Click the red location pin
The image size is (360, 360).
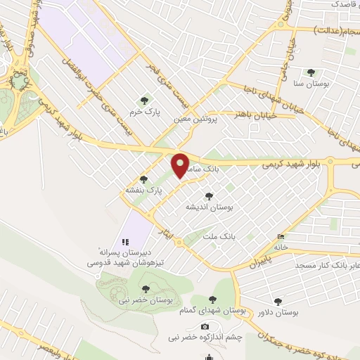click(x=181, y=166)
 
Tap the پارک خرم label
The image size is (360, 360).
click(x=145, y=111)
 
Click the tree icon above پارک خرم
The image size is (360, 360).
click(x=145, y=101)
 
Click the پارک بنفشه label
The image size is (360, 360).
click(x=144, y=190)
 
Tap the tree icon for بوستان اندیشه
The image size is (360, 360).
click(x=208, y=196)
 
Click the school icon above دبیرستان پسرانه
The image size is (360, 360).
click(x=126, y=241)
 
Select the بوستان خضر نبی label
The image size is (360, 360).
click(x=146, y=300)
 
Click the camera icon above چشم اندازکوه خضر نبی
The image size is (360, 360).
click(x=205, y=326)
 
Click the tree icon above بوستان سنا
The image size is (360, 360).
click(x=311, y=72)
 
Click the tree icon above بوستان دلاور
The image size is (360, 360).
click(x=278, y=301)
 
